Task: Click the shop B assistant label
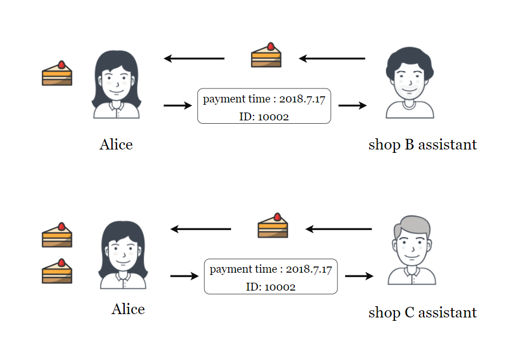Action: pyautogui.click(x=422, y=145)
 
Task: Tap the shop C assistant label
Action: pyautogui.click(x=422, y=313)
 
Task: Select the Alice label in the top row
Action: pyautogui.click(x=116, y=144)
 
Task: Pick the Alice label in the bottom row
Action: pyautogui.click(x=128, y=309)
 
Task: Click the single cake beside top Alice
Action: pyautogui.click(x=57, y=73)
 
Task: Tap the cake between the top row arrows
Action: pyautogui.click(x=266, y=55)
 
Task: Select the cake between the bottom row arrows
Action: pyautogui.click(x=272, y=225)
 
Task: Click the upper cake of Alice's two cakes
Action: pyautogui.click(x=57, y=235)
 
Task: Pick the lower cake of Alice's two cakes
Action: pyautogui.click(x=57, y=271)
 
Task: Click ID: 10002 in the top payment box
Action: pyautogui.click(x=264, y=116)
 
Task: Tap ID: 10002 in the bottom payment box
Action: pyautogui.click(x=271, y=287)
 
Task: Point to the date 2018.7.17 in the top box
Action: pyautogui.click(x=302, y=99)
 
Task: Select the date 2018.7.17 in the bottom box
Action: pyautogui.click(x=309, y=269)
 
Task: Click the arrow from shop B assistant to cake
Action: pyautogui.click(x=332, y=59)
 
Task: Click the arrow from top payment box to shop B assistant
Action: pyautogui.click(x=352, y=105)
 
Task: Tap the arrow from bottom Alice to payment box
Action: pyautogui.click(x=185, y=275)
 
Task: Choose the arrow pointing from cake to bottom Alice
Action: pyautogui.click(x=200, y=229)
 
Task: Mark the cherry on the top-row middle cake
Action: pyautogui.click(x=271, y=46)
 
